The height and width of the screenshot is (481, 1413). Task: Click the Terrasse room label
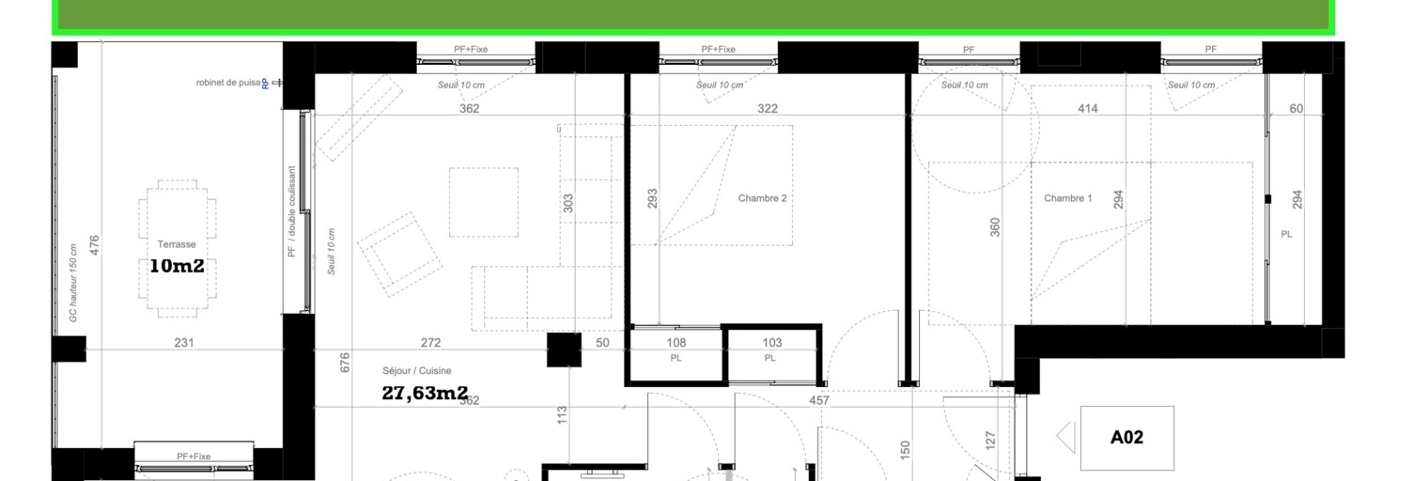(x=177, y=244)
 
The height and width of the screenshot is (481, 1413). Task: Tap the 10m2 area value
(x=177, y=266)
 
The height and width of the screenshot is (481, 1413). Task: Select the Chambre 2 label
(x=762, y=198)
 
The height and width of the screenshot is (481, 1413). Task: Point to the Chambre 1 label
(x=1068, y=198)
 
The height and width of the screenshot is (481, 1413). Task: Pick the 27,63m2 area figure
(x=425, y=393)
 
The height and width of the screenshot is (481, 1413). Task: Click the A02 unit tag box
(x=1126, y=438)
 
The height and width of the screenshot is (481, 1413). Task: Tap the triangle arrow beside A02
(x=1066, y=438)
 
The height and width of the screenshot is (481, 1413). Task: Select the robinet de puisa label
(x=228, y=83)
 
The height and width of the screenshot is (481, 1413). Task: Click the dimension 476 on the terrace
(x=94, y=244)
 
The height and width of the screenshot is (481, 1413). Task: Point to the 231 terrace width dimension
(x=184, y=343)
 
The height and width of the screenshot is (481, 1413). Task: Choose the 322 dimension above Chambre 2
(x=768, y=109)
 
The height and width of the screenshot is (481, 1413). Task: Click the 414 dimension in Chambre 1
(x=1088, y=109)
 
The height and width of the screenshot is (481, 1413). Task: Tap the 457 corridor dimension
(x=819, y=400)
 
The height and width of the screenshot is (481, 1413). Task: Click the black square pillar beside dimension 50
(x=565, y=349)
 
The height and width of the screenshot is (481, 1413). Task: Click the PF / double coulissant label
(x=292, y=211)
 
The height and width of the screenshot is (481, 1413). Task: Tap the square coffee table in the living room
(x=483, y=202)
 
